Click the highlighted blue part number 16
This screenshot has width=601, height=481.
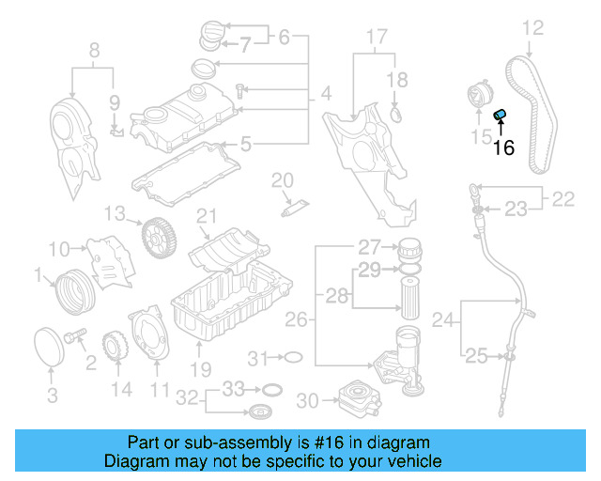click(501, 116)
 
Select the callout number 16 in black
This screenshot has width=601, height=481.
click(504, 147)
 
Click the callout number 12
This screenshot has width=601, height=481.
click(532, 28)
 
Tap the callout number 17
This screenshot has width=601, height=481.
click(376, 39)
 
